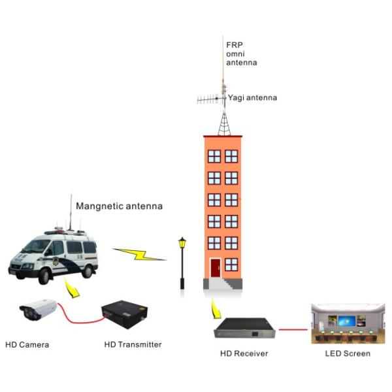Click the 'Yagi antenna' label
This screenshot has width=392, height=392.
[x=252, y=98]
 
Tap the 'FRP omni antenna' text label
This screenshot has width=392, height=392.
[x=241, y=54]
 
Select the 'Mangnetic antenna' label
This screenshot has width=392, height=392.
[x=119, y=206]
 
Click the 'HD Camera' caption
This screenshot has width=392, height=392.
[x=27, y=344]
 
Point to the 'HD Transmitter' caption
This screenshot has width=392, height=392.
[x=133, y=344]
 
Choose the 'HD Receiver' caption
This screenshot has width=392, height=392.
[x=244, y=353]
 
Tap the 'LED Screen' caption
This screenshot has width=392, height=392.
[x=348, y=353]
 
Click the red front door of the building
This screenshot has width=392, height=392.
[x=216, y=268]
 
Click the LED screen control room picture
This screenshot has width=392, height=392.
[x=348, y=324]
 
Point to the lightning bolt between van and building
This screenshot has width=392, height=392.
[x=139, y=254]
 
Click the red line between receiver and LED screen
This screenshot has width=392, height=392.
[x=293, y=329]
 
